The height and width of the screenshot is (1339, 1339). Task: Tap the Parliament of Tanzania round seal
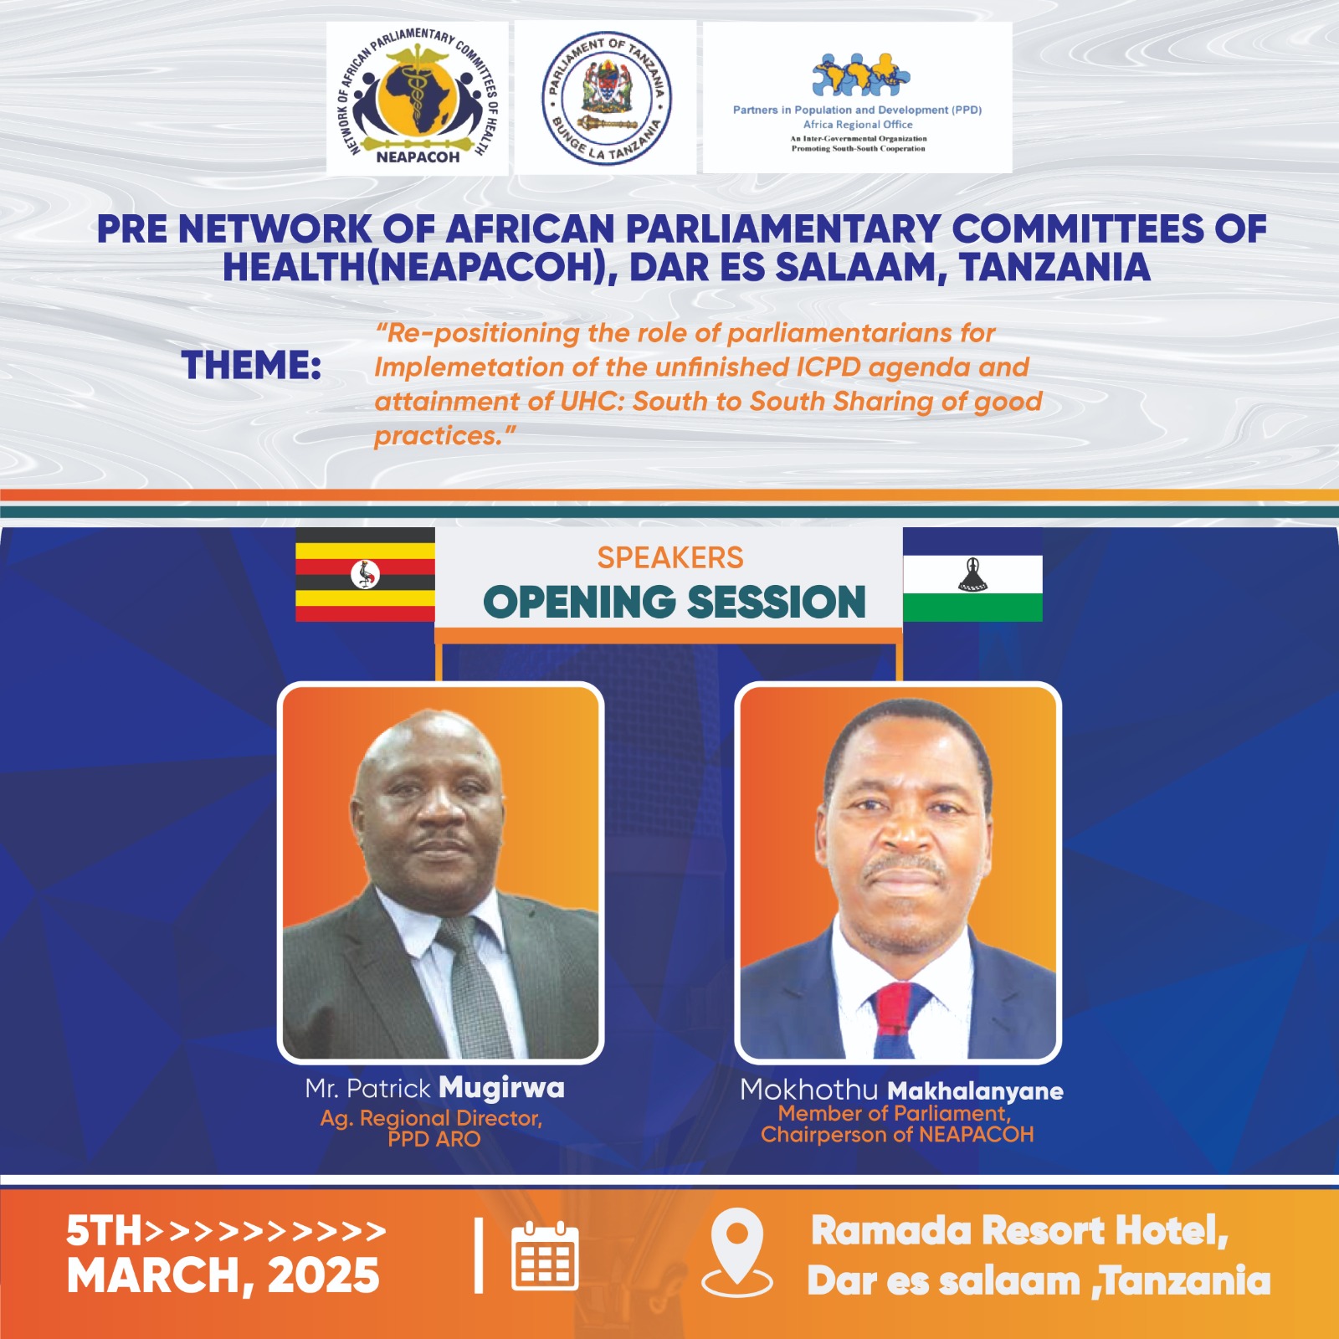pos(606,98)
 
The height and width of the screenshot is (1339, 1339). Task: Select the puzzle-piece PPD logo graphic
pos(861,74)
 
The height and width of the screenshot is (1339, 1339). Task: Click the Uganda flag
pos(365,574)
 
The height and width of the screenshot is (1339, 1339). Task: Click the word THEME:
pos(252,366)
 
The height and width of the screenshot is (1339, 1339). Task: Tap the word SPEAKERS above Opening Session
pos(670,557)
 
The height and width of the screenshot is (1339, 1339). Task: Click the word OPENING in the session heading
pos(580,603)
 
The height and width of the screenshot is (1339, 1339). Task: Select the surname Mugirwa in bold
pos(502,1088)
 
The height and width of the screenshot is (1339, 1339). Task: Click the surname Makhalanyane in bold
pos(975,1091)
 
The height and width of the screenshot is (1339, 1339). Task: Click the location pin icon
pos(736,1252)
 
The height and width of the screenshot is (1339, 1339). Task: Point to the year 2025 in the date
pos(324,1275)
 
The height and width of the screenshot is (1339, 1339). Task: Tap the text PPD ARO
pos(434,1139)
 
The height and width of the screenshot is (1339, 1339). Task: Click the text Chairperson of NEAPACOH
pos(897,1135)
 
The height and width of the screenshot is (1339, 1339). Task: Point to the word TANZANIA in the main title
pos(1055,267)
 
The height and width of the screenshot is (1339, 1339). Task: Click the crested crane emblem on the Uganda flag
pos(365,574)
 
